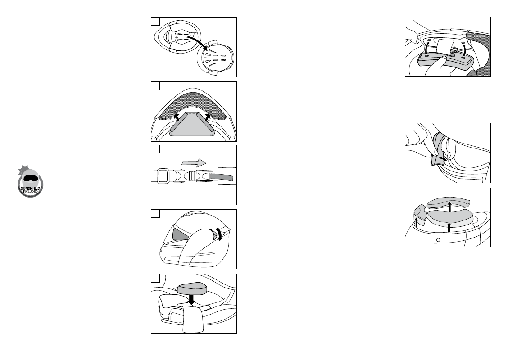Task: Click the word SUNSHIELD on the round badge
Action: coord(31,189)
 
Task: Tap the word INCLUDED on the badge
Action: coord(31,191)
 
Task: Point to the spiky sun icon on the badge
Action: coord(23,170)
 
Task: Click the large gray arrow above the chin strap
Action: coord(194,162)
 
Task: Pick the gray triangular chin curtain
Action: coord(192,124)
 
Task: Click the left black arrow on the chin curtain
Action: coord(177,117)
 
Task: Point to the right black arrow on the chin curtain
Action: coord(207,117)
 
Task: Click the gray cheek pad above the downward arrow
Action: coord(192,288)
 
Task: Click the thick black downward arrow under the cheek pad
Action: coord(191,298)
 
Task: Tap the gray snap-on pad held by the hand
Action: coord(444,59)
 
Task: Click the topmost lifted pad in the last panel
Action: coord(449,202)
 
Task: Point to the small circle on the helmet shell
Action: coord(438,240)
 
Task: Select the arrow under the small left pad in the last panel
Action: coord(416,222)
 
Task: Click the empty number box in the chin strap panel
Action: coord(156,149)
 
